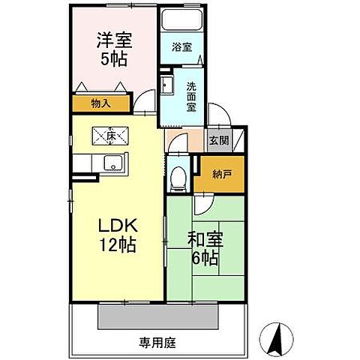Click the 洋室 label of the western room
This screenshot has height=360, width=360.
pos(115,37)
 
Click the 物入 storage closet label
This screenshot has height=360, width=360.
pos(101,103)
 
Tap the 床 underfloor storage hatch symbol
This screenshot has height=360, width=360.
pos(109,136)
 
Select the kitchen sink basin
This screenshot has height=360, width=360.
pos(115,163)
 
